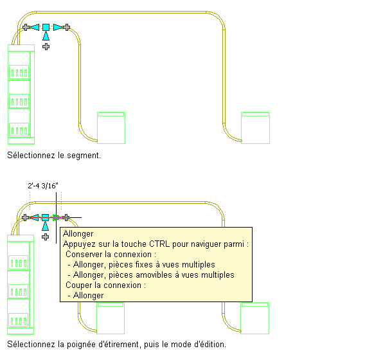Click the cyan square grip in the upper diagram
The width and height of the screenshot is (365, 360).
(x=46, y=27)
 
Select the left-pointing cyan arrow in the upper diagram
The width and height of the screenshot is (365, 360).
(x=35, y=27)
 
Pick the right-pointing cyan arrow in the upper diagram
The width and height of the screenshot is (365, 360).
(x=58, y=27)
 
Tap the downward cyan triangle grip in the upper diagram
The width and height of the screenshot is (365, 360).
(x=46, y=36)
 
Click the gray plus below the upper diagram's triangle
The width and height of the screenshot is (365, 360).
(x=46, y=46)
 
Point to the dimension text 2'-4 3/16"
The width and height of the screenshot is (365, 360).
(x=43, y=186)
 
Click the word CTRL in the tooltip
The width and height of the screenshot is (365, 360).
(x=159, y=244)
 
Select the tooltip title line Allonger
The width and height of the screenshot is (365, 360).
(x=78, y=233)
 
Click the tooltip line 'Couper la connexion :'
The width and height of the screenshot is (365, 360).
(x=105, y=285)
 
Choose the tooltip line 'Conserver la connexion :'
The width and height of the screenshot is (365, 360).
(x=111, y=255)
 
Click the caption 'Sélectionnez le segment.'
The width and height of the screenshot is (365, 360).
(x=54, y=156)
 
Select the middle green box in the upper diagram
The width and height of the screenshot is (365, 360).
(x=111, y=128)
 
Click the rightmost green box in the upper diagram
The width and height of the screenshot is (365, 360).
(x=255, y=128)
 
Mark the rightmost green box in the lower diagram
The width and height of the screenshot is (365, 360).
(x=254, y=318)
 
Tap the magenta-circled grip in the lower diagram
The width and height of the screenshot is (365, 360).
(x=56, y=218)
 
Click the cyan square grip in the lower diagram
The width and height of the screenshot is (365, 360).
(x=45, y=217)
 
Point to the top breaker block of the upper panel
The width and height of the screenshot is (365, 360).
(x=19, y=72)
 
